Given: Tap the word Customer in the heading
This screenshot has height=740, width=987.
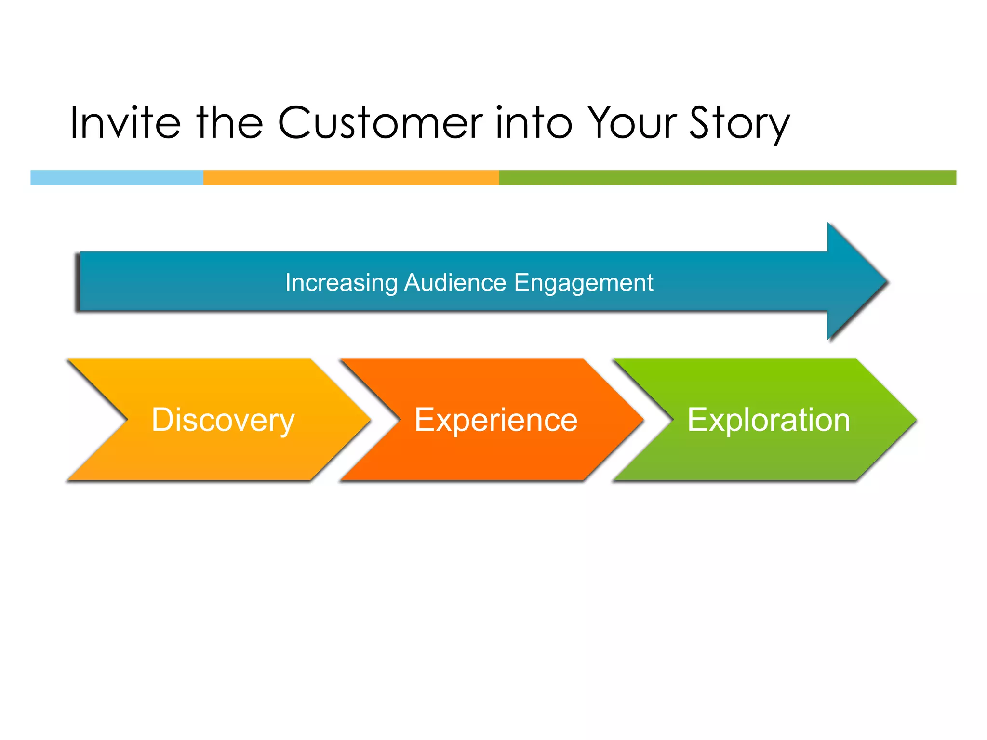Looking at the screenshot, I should pos(380,123).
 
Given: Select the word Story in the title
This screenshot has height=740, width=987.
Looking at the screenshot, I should pos(740,123).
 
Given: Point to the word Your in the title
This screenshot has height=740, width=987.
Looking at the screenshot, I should pos(634,123).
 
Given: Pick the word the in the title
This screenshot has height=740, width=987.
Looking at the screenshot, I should pos(229,123).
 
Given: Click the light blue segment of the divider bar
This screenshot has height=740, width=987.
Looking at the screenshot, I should pos(117,177).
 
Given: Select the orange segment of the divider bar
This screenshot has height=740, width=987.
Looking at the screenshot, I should pos(351,177).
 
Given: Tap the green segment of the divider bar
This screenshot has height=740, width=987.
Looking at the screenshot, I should pos(728,177).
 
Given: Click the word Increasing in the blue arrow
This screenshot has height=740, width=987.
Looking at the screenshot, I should pos(341,283).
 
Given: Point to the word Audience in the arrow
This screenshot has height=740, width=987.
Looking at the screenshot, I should pos(455,283).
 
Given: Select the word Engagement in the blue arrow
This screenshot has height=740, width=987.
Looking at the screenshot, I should pos(583,283).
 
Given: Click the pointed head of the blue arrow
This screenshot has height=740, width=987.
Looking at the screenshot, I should pos(858,281).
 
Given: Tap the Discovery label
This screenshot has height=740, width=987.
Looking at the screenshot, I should pos(223,420).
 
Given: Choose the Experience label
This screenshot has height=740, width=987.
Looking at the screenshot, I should pos(495,420).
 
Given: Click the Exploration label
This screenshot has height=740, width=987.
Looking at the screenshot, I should pos(768,420).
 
